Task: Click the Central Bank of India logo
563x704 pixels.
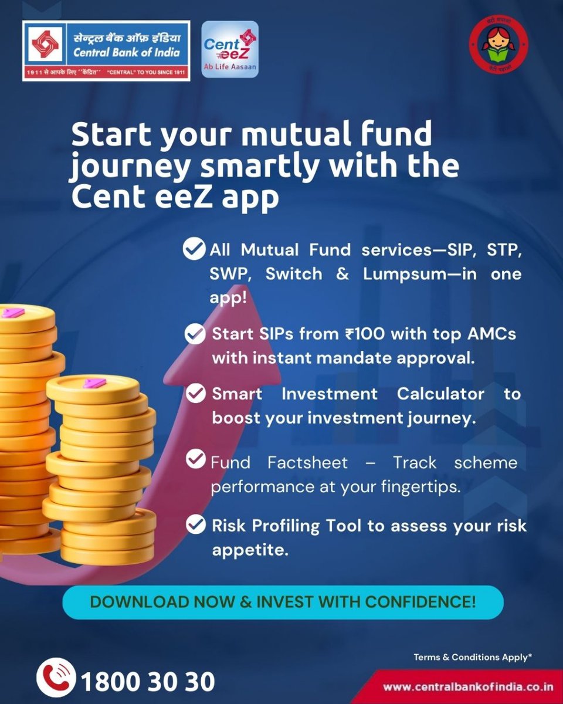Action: [x=106, y=51]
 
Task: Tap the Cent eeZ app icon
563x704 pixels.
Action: [x=229, y=50]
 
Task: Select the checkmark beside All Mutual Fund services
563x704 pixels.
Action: [x=194, y=248]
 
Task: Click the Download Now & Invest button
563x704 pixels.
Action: [x=283, y=602]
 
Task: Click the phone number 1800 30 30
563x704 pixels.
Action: [x=148, y=682]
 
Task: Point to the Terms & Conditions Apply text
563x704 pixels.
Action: [x=473, y=657]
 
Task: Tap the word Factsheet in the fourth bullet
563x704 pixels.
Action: [x=307, y=462]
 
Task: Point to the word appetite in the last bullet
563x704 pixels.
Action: [x=250, y=551]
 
